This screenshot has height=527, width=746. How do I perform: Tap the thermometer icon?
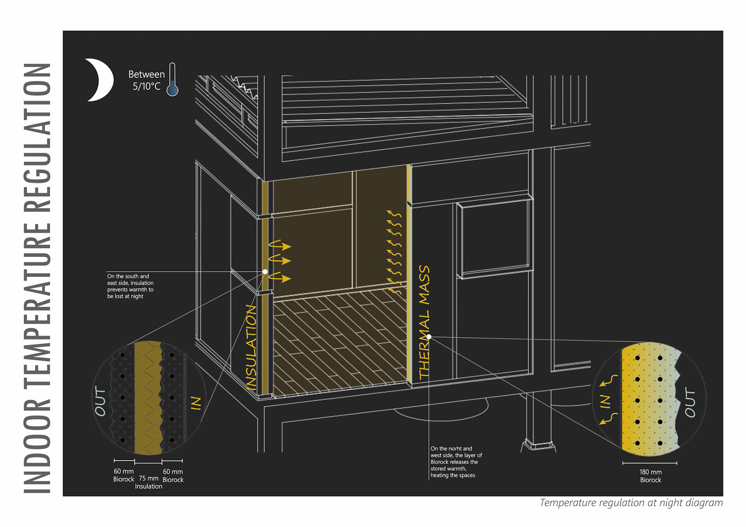pos(172,80)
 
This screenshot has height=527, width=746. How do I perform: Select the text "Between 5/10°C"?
pos(146,80)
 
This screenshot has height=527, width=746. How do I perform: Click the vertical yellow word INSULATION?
pos(251,347)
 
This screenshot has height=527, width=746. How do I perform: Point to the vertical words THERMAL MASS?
pos(424,322)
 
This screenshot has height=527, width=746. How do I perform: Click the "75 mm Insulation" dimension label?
pos(148,482)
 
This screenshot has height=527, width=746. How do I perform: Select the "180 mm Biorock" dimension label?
pos(650,476)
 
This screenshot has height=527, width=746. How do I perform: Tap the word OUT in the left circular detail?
pos(100,401)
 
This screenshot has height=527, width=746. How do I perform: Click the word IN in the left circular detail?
pos(196,403)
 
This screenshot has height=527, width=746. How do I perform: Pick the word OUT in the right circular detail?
pos(690,402)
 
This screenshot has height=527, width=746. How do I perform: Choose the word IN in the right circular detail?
pos(605,401)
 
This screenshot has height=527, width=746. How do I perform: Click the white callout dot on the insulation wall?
pos(265,272)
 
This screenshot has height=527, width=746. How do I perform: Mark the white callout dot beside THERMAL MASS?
pos(429,337)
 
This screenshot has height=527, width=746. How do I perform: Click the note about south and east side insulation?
pos(130,286)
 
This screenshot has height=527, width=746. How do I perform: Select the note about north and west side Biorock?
pos(456,462)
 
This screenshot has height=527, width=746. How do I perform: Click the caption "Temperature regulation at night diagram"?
pos(631,503)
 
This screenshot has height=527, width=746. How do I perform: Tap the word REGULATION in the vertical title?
pos(37,137)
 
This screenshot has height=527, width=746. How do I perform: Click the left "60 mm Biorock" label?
pos(124,475)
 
